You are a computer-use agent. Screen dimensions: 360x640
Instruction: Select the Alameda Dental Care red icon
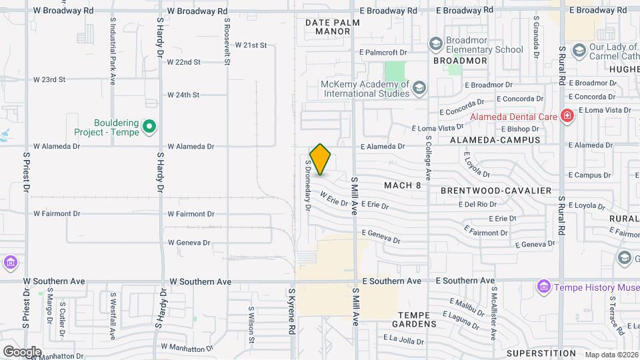pyautogui.click(x=567, y=117)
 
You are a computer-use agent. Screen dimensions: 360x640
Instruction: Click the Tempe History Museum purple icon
pyautogui.click(x=544, y=287)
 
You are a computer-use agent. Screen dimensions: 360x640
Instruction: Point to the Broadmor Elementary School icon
pyautogui.click(x=436, y=44)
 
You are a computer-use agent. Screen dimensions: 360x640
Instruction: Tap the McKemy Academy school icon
pyautogui.click(x=419, y=88)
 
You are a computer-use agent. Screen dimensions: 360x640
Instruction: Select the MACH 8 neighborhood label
pyautogui.click(x=402, y=185)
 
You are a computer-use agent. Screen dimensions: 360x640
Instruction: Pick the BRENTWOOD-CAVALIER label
pyautogui.click(x=496, y=191)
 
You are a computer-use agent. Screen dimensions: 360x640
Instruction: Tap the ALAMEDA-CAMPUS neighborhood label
pyautogui.click(x=495, y=140)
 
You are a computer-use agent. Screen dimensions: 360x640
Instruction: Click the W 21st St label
pyautogui.click(x=251, y=45)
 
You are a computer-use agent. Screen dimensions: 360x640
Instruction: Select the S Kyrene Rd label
pyautogui.click(x=291, y=311)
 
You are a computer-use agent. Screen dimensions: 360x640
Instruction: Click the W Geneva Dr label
pyautogui.click(x=189, y=243)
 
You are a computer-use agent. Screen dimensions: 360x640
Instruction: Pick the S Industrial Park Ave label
pyautogui.click(x=113, y=60)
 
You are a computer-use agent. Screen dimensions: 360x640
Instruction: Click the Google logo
pyautogui.click(x=22, y=351)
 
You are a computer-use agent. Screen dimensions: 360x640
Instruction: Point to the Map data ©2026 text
pyautogui.click(x=610, y=355)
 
